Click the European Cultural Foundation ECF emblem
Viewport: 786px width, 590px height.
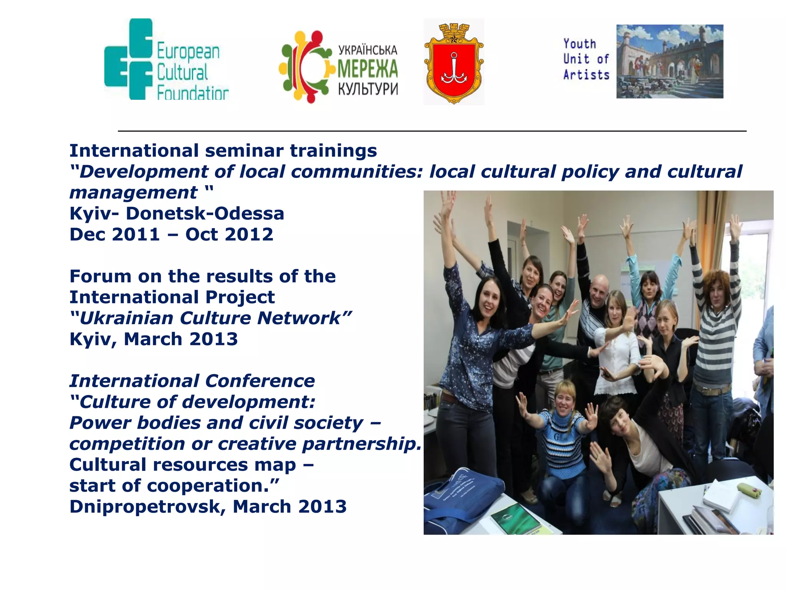tap(129, 60)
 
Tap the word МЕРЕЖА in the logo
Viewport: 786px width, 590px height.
tap(367, 70)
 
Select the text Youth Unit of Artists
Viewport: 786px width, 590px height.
tap(586, 59)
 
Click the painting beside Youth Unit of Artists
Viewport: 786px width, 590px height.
tap(670, 61)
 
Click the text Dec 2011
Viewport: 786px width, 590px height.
tap(114, 235)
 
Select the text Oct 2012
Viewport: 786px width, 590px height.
tap(229, 235)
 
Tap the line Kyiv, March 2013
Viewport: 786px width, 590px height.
tap(154, 340)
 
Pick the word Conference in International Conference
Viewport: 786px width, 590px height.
tap(260, 381)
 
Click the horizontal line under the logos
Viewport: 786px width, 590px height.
tap(432, 131)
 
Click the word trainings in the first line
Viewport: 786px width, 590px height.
tap(333, 151)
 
